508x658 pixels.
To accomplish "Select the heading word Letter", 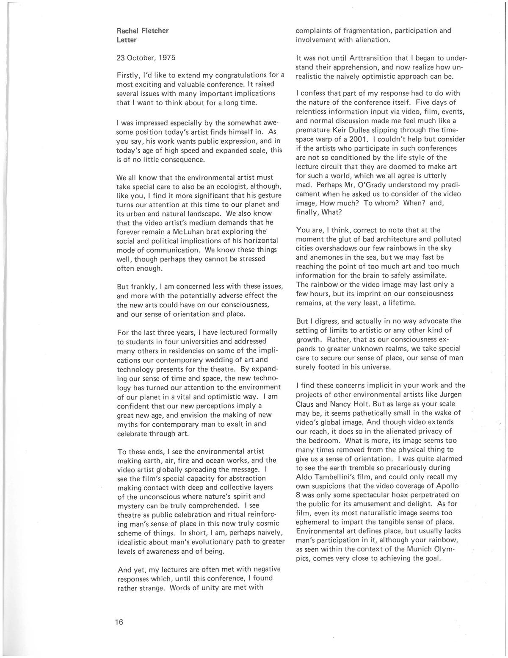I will pos(126,40).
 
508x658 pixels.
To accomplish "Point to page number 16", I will pos(119,622).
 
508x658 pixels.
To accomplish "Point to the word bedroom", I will pos(324,440).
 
